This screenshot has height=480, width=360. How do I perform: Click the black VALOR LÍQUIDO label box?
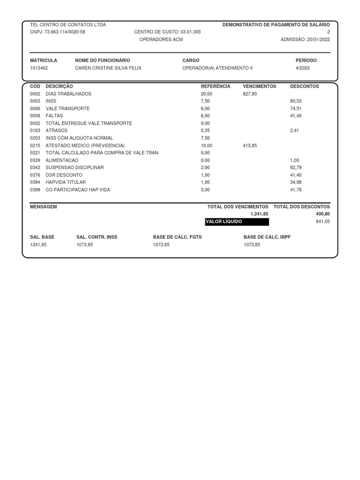[x=237, y=221]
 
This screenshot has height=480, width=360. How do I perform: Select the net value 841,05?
[x=323, y=221]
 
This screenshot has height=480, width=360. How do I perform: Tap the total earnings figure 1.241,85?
[x=259, y=214]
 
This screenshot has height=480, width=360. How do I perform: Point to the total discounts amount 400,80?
[x=323, y=214]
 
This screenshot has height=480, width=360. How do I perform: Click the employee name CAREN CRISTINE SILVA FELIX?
[x=108, y=68]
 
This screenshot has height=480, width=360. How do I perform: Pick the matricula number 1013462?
[x=39, y=68]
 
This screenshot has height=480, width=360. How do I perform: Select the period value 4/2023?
[x=303, y=68]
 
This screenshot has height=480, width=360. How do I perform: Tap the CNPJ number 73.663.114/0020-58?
[x=65, y=32]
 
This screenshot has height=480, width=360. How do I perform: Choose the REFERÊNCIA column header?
[x=216, y=86]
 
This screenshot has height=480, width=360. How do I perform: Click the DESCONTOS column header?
[x=305, y=86]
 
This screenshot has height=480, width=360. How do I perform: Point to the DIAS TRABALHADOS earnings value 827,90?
[x=250, y=94]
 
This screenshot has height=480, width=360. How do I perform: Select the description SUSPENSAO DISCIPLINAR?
[x=75, y=167]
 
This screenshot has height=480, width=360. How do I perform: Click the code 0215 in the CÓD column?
[x=35, y=145]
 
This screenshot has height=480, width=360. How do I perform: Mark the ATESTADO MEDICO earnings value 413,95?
[x=250, y=145]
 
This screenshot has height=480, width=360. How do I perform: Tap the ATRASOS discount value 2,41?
[x=294, y=130]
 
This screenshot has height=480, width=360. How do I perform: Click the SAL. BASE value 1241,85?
[x=38, y=245]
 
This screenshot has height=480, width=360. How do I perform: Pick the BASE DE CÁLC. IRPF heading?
[x=267, y=237]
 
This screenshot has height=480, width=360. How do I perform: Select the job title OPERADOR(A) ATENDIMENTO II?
[x=217, y=68]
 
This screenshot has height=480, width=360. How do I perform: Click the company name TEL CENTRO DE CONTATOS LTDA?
[x=68, y=24]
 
